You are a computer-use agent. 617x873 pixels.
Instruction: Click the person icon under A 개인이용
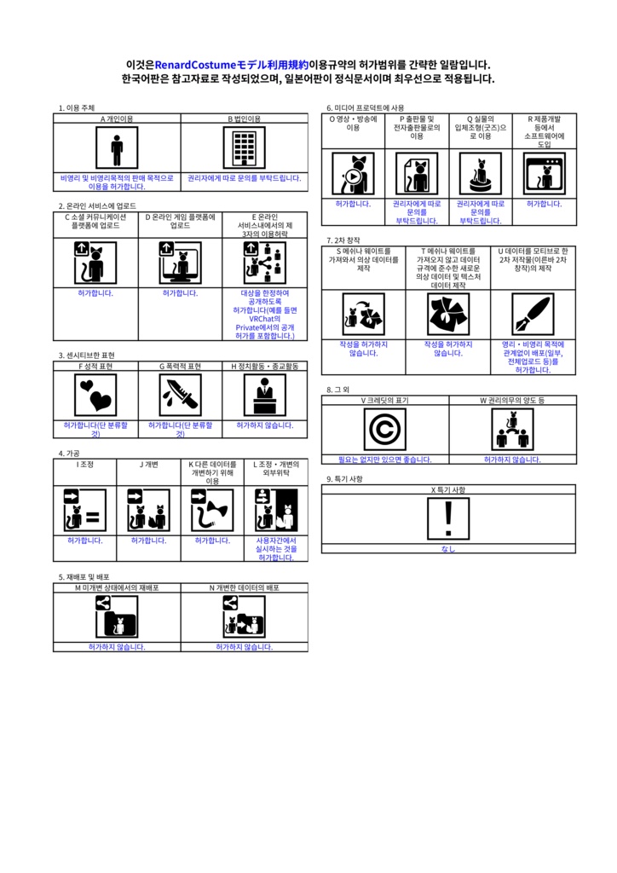coord(117,149)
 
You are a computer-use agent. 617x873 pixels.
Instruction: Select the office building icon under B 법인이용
coord(245,149)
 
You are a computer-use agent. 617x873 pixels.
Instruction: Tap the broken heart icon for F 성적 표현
coord(95,395)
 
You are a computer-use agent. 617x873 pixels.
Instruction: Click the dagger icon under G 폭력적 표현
coord(181,395)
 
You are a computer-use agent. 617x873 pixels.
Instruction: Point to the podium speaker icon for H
coord(265,395)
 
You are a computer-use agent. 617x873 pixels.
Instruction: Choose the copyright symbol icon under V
coord(384,429)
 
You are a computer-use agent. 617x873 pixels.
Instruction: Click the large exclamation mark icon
coord(448,518)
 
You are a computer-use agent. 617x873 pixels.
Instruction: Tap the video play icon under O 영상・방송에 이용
coord(353,173)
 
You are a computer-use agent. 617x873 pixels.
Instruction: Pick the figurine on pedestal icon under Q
coord(480,173)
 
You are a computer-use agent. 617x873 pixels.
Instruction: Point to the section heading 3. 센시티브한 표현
coord(86,355)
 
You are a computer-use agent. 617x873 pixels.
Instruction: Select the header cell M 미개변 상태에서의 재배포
coord(117,588)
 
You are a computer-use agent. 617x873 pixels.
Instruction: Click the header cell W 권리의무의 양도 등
coord(512,400)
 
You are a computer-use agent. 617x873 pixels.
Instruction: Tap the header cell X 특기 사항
coord(448,490)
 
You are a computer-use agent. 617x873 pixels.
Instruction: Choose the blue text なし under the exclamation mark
coord(448,549)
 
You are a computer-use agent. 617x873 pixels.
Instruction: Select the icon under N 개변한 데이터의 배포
coord(245,616)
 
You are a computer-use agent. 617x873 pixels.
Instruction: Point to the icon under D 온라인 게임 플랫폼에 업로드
coord(181,261)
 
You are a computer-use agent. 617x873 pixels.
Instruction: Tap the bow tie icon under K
coord(212,511)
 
